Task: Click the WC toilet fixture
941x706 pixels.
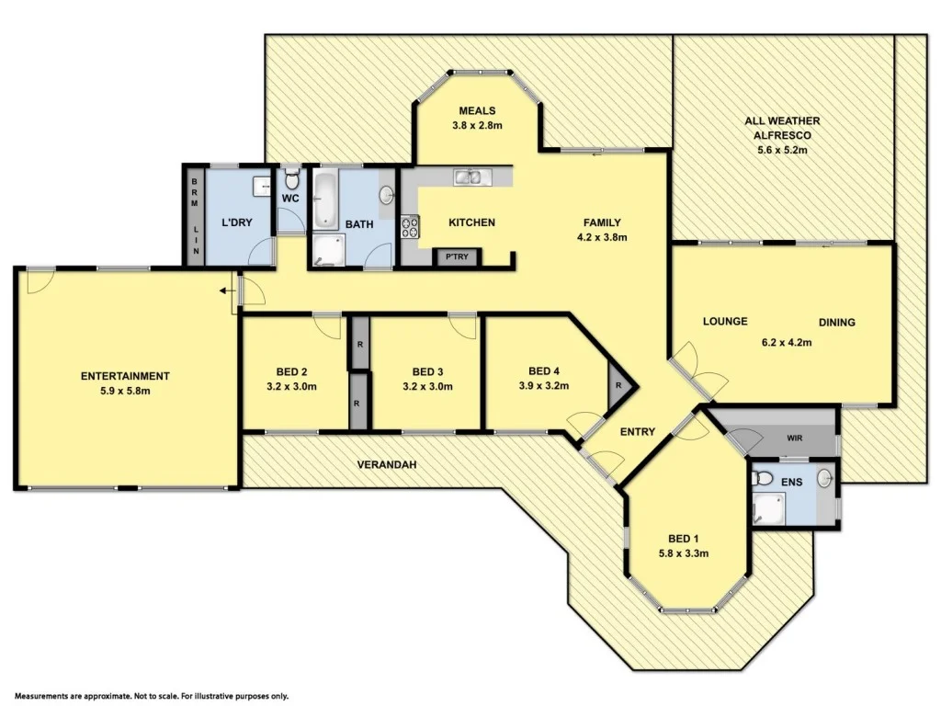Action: pos(292,176)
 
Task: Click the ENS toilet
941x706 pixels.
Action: pos(762,478)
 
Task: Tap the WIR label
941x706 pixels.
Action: pos(795,438)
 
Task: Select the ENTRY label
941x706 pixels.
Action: pos(637,431)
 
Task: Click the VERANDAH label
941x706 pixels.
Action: pos(387,465)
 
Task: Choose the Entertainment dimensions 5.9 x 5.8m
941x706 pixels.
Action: pos(125,391)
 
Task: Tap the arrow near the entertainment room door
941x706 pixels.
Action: pos(225,291)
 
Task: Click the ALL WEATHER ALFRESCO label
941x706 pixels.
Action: pos(782,127)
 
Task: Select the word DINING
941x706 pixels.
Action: pos(837,323)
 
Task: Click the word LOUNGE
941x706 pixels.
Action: pos(725,322)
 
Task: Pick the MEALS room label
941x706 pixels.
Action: pos(477,111)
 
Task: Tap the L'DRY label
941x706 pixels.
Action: pos(237,223)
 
